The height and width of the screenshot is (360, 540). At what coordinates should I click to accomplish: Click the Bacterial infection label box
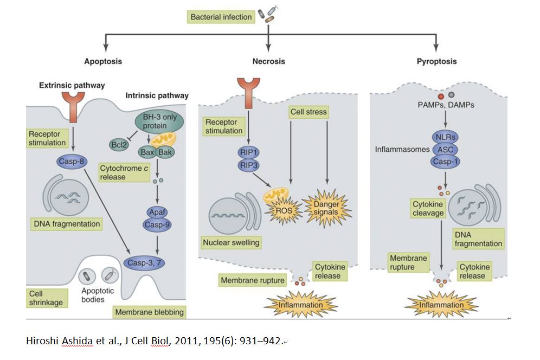(x=221, y=17)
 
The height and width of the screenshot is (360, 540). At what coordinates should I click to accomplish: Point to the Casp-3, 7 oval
(x=146, y=263)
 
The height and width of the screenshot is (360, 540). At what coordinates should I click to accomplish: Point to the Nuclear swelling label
(x=230, y=242)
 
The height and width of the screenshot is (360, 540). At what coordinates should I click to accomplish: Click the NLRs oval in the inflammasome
(x=446, y=138)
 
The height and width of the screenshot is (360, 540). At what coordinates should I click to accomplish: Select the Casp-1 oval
(x=446, y=161)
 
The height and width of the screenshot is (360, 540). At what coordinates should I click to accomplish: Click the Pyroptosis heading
(x=436, y=61)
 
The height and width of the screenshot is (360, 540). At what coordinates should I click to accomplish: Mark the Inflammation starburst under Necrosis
(x=300, y=305)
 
